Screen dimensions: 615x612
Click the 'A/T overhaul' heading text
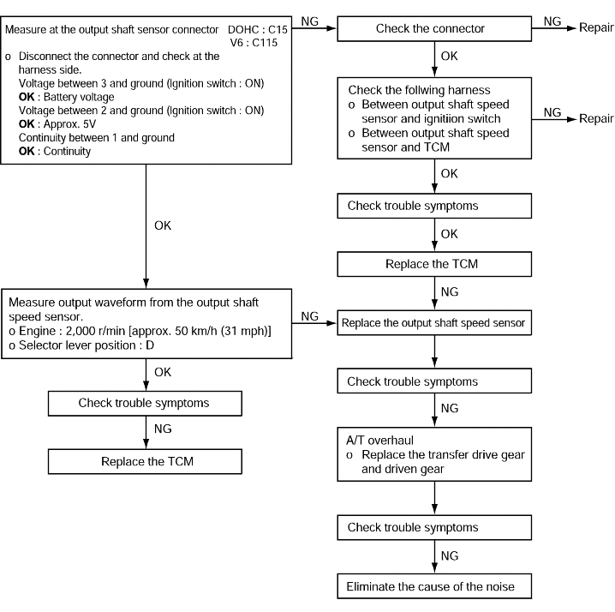pyautogui.click(x=379, y=440)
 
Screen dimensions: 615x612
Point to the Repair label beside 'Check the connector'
pyautogui.click(x=596, y=27)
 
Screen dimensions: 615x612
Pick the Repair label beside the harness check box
pyautogui.click(x=596, y=118)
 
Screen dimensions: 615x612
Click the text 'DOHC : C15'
pyautogui.click(x=258, y=29)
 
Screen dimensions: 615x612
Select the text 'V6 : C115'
pyautogui.click(x=254, y=42)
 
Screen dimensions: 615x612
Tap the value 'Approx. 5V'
pyautogui.click(x=70, y=124)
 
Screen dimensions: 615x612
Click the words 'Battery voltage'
pyautogui.click(x=79, y=97)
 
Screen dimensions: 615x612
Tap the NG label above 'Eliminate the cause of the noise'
pyautogui.click(x=450, y=556)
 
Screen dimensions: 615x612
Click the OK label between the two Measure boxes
pyautogui.click(x=163, y=225)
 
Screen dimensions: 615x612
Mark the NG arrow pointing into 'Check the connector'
pyautogui.click(x=314, y=28)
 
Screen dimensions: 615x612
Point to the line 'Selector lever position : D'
pyautogui.click(x=81, y=345)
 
